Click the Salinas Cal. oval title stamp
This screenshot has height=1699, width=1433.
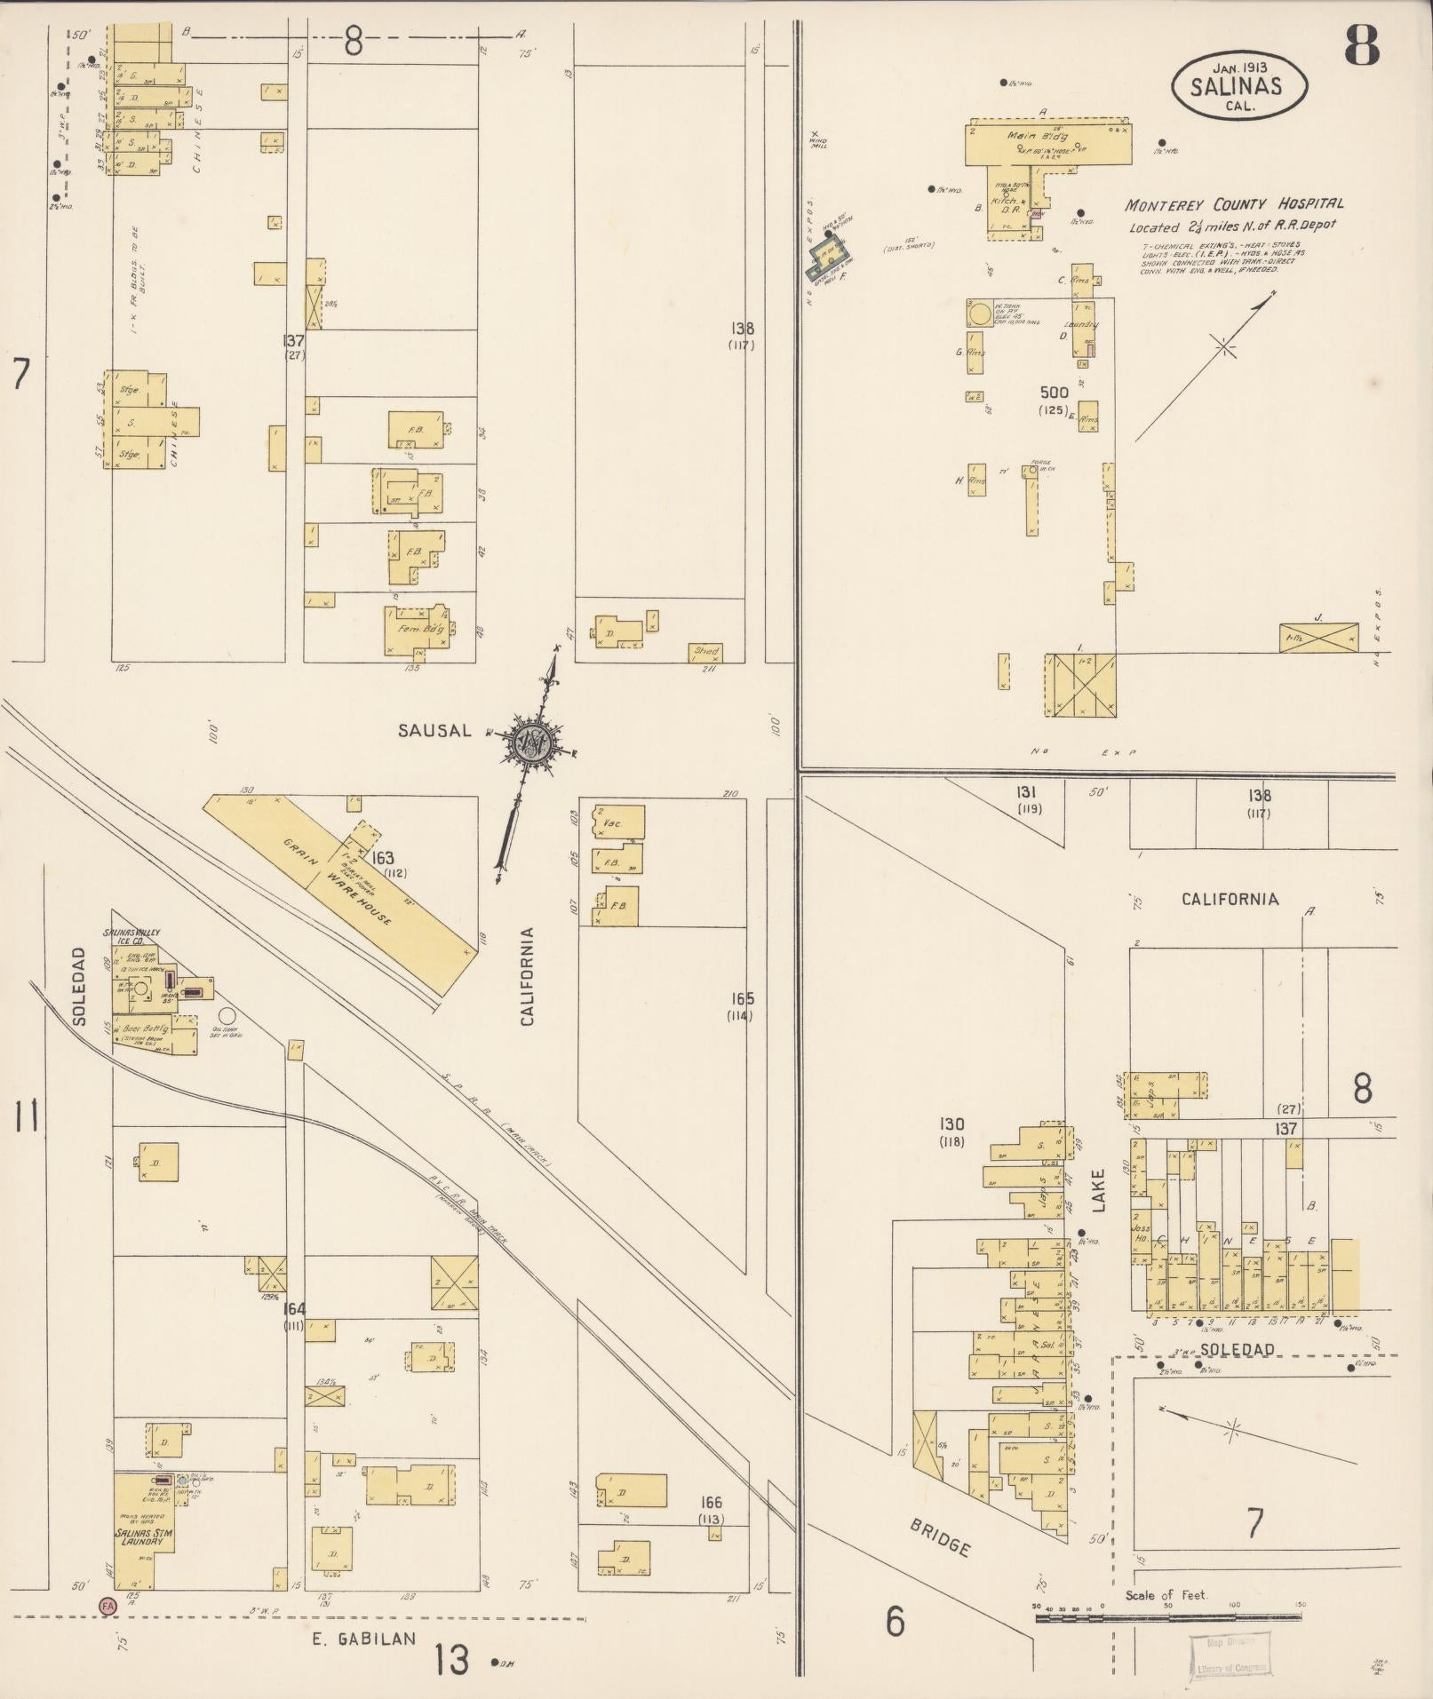tap(1238, 86)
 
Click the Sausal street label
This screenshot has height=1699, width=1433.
tap(434, 731)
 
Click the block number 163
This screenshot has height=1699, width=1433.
tap(383, 858)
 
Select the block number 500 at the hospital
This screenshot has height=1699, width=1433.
tap(1054, 392)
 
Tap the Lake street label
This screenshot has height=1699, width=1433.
tap(1098, 1190)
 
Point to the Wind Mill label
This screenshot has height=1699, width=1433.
tap(818, 140)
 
